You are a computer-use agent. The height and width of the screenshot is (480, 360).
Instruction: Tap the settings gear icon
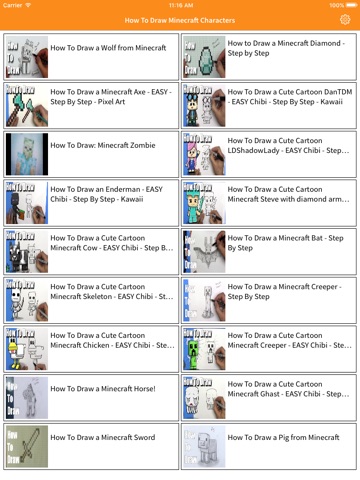click(345, 20)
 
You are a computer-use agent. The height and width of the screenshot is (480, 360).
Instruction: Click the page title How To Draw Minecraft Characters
click(180, 20)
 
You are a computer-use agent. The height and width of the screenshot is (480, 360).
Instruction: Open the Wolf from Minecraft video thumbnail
click(27, 57)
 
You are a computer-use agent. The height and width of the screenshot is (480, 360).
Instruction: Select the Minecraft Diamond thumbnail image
click(204, 57)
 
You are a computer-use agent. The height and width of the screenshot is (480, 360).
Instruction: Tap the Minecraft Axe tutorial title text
click(111, 97)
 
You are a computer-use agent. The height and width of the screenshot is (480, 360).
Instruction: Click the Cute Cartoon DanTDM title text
click(290, 97)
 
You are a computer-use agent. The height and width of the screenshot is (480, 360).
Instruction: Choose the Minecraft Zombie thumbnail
click(27, 154)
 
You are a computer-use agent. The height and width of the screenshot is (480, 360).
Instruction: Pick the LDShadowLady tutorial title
click(288, 145)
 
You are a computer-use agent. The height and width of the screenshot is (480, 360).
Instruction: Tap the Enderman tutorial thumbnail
click(27, 203)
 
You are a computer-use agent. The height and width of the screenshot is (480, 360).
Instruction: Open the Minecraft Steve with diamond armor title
click(288, 194)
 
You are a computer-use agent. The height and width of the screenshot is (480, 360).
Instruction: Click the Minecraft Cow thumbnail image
click(27, 252)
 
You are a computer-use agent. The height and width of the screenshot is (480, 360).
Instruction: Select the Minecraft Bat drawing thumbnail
click(204, 252)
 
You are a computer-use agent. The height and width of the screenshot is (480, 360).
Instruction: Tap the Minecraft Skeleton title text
click(112, 291)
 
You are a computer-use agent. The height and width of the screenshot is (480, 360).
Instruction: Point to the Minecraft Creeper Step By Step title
click(285, 291)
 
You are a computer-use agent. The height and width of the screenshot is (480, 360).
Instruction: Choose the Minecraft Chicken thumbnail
click(27, 349)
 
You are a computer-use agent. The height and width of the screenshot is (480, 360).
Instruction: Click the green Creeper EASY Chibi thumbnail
click(204, 349)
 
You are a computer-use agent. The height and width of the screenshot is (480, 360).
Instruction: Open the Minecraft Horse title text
click(103, 389)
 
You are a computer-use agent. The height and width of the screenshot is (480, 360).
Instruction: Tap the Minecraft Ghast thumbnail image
click(204, 398)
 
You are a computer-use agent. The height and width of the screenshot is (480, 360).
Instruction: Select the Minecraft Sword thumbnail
click(27, 446)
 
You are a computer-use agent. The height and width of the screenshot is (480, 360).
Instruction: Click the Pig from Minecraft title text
click(283, 437)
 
